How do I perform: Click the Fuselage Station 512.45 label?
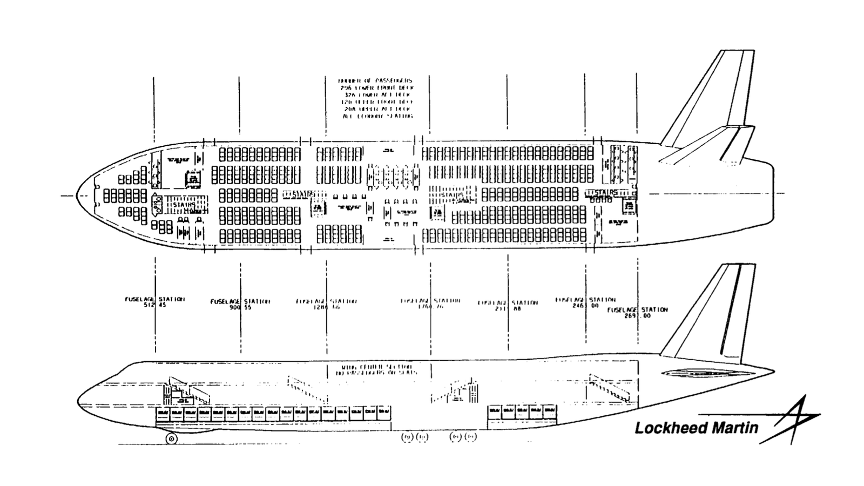tap(155, 302)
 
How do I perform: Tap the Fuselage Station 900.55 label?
tap(240, 304)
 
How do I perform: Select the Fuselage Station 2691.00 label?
tap(638, 313)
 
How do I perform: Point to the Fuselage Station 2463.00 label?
tap(585, 302)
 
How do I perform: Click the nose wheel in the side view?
tap(171, 438)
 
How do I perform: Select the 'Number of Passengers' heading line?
tap(375, 80)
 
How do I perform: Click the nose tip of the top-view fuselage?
tap(77, 195)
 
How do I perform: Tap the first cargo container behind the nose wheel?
tap(163, 413)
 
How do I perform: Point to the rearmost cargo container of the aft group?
tap(550, 411)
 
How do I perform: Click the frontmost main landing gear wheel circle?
tap(407, 436)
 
